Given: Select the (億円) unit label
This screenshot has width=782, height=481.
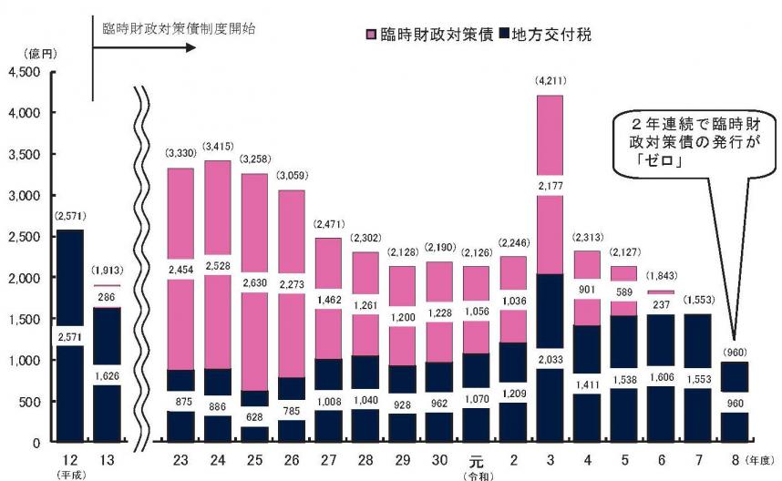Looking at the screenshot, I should [x=26, y=55].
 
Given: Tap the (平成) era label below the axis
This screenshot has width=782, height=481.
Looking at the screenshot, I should [x=67, y=474].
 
